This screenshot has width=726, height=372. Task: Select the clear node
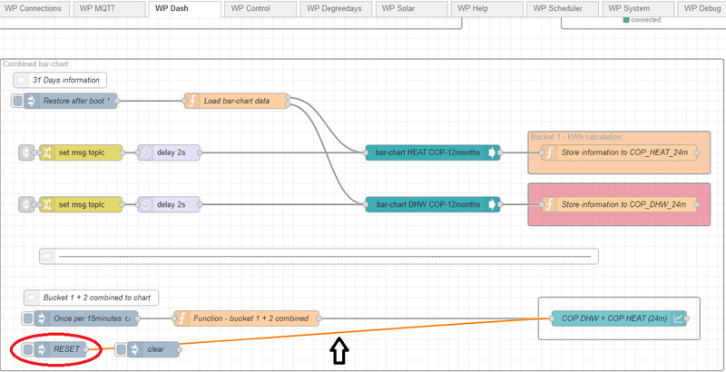click(x=154, y=349)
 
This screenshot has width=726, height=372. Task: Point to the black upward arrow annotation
click(x=338, y=350)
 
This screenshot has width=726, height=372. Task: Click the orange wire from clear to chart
click(x=363, y=333)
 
